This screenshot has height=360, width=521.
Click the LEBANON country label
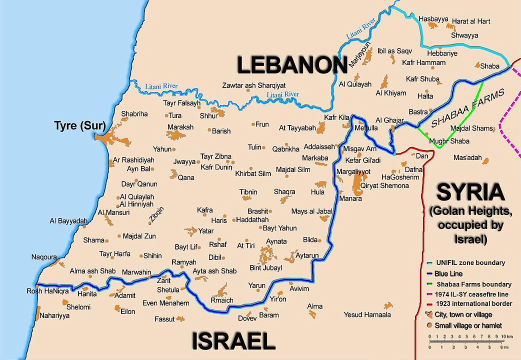tap(292, 65)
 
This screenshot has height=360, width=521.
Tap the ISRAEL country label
tap(233, 341)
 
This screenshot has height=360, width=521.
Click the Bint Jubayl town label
tap(266, 268)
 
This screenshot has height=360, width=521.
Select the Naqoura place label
tap(44, 257)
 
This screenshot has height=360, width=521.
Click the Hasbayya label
tap(433, 18)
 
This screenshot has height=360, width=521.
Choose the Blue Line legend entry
tap(449, 274)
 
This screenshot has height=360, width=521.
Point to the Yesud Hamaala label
tap(367, 314)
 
